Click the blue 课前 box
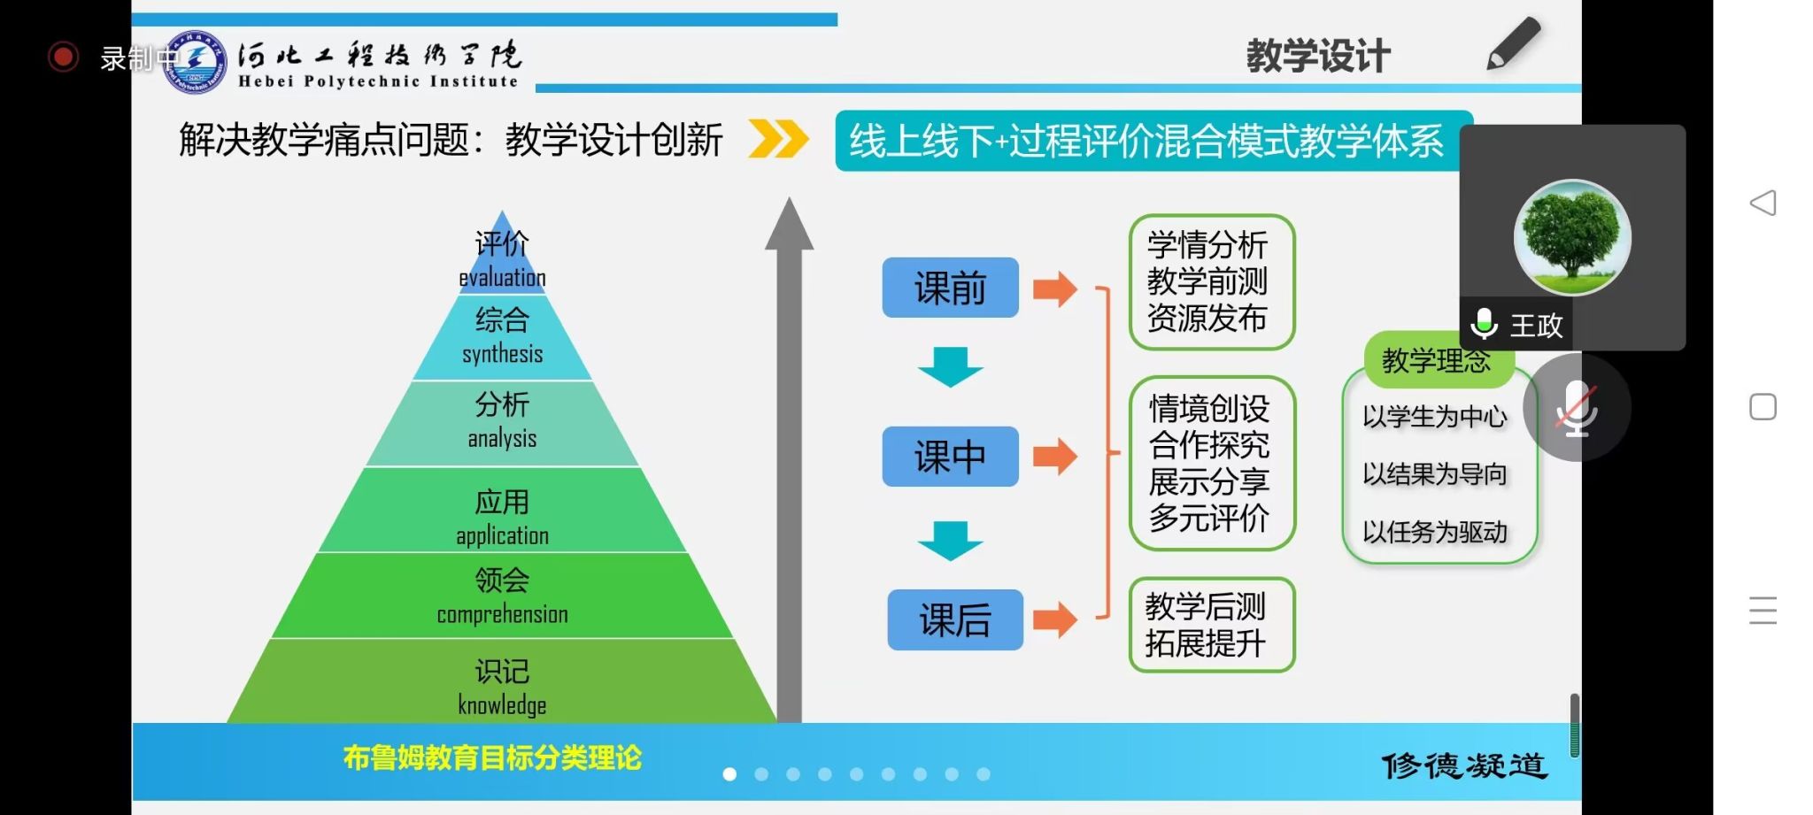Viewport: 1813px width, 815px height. (x=950, y=288)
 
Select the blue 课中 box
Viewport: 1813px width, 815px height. (x=950, y=457)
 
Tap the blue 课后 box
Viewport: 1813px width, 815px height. (x=955, y=619)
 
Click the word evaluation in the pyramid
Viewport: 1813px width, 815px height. (x=502, y=278)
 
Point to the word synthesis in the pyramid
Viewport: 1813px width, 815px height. (x=502, y=354)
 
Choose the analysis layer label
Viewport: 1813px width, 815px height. (x=502, y=438)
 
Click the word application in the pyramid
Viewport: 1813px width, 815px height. (x=502, y=535)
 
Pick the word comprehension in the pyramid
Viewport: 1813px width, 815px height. (x=502, y=614)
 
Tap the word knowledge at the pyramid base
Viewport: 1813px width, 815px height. (x=502, y=705)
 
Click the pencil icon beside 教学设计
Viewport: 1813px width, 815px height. (x=1513, y=44)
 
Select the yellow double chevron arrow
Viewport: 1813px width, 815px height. (x=778, y=140)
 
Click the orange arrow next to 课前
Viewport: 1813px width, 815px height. (x=1054, y=288)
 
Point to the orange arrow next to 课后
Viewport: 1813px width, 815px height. (x=1054, y=619)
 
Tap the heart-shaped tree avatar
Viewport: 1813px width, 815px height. (x=1572, y=237)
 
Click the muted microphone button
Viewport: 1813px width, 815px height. (x=1577, y=408)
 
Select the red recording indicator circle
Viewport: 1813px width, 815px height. (x=63, y=58)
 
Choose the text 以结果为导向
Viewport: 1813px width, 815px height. (x=1434, y=474)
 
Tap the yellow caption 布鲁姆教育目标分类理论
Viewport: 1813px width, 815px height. (x=492, y=758)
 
